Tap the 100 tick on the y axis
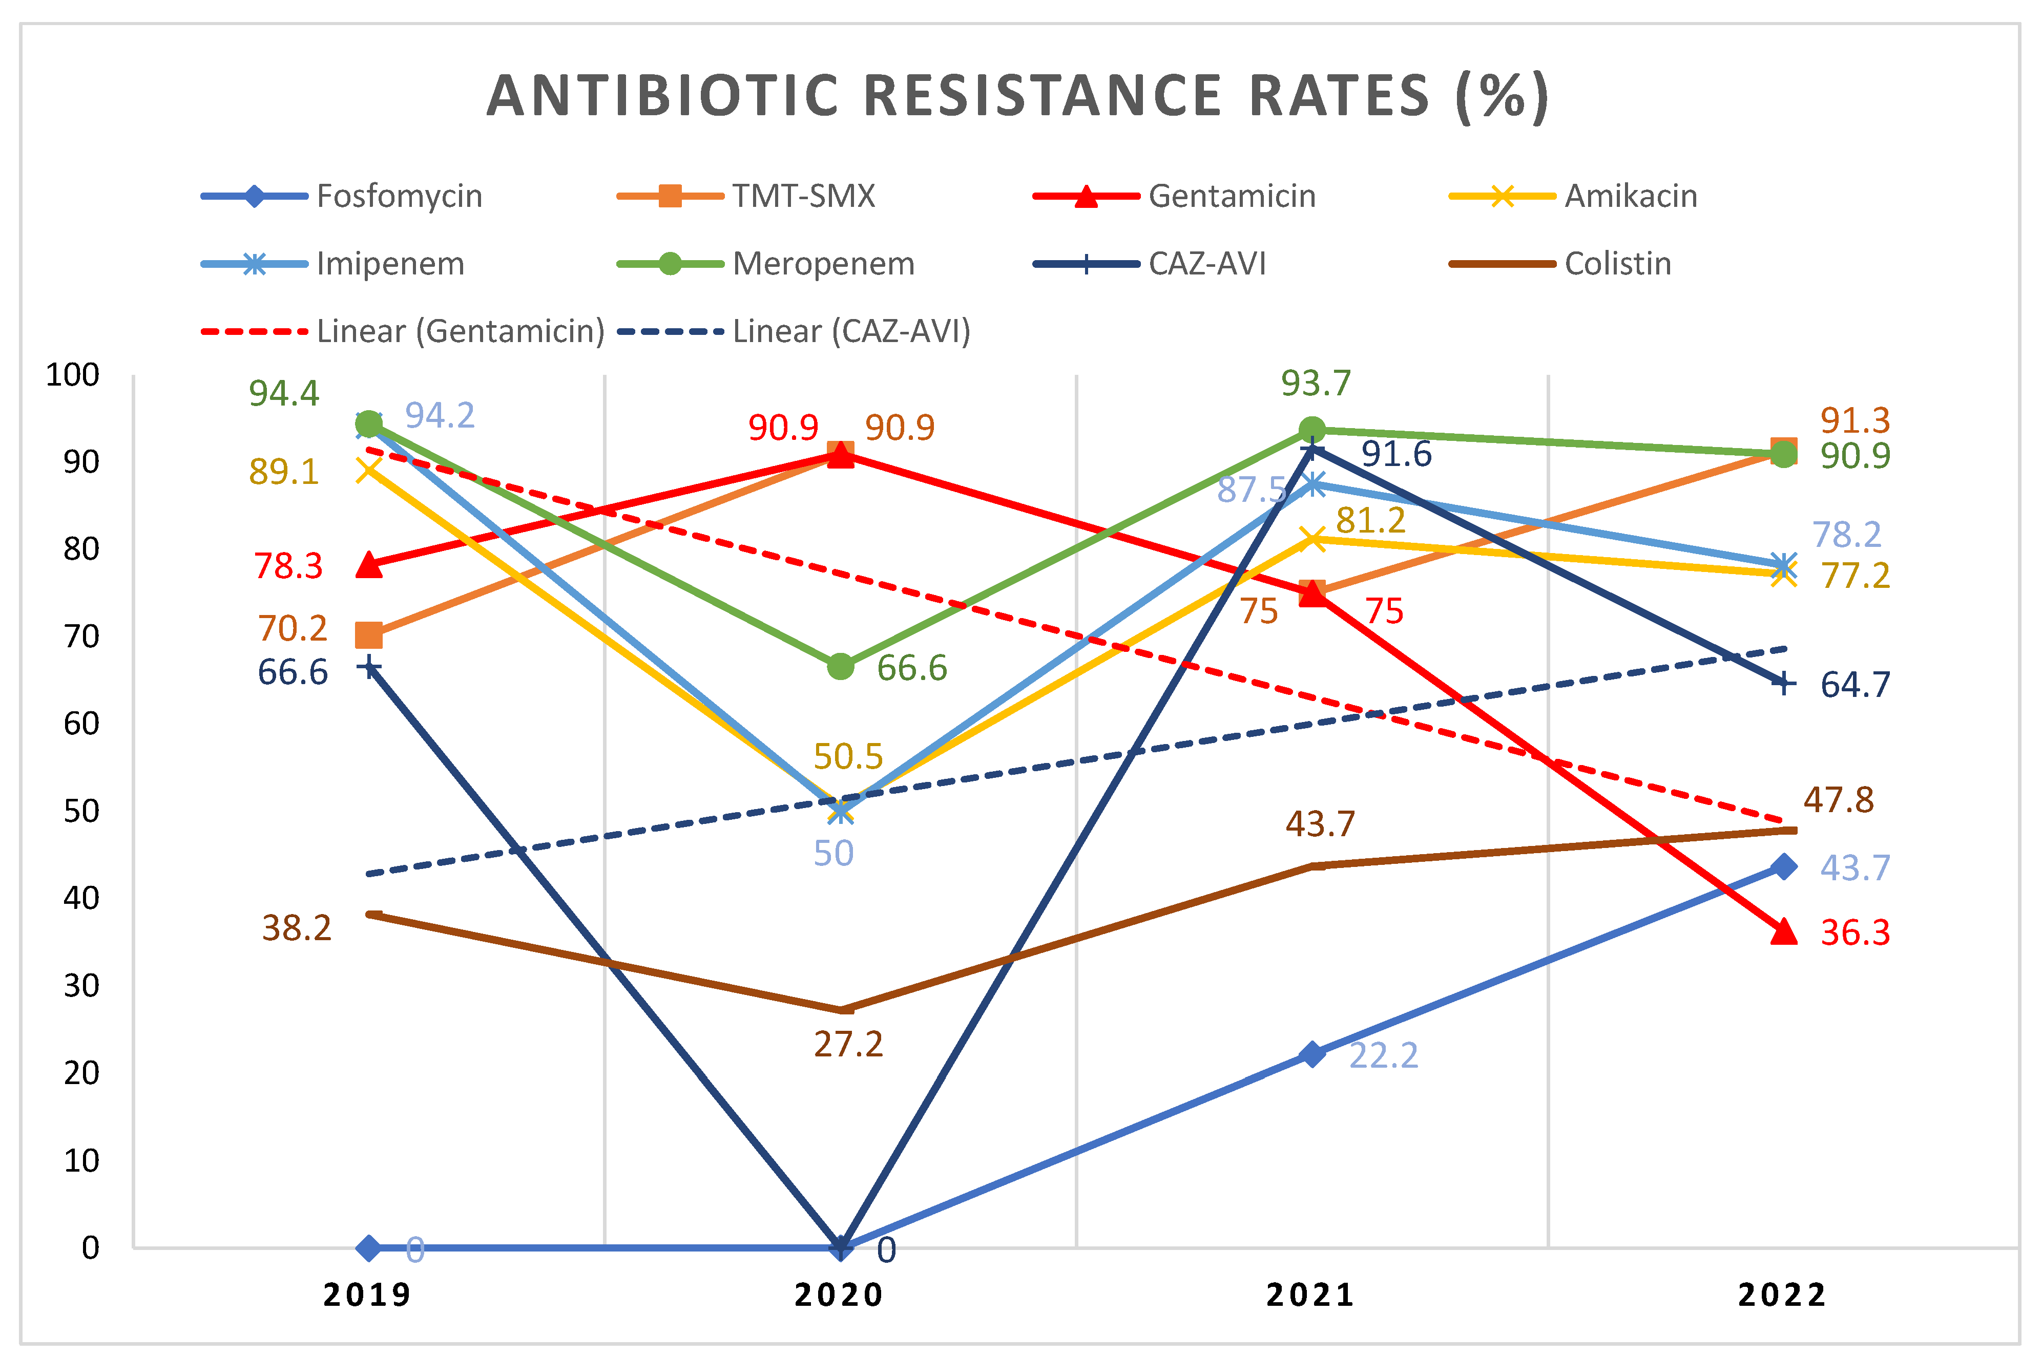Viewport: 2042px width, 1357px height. (x=73, y=375)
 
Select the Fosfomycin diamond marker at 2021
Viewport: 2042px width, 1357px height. (x=1312, y=1054)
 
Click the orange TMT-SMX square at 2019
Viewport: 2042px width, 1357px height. (x=369, y=635)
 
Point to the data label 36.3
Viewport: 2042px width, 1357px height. (x=1855, y=933)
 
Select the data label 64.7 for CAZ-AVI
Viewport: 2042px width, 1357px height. (x=1855, y=685)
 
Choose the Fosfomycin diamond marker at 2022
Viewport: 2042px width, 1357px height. (x=1783, y=866)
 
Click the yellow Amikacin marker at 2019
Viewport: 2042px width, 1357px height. (x=369, y=470)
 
